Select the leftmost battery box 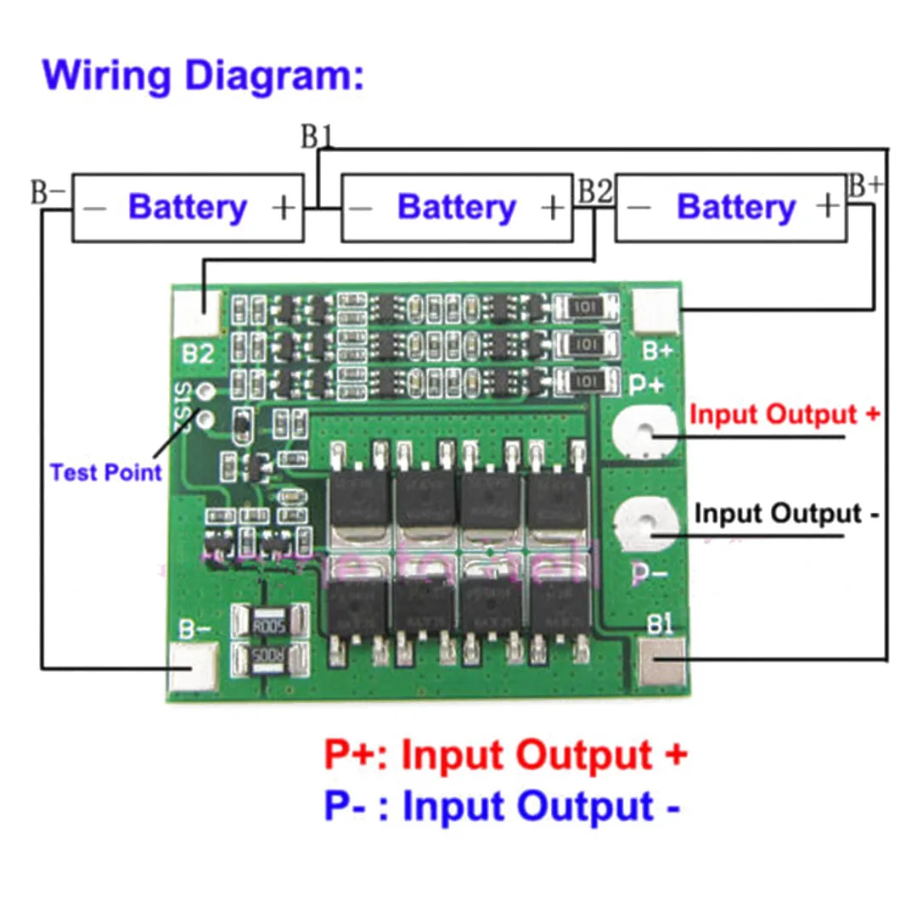(x=188, y=208)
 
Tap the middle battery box (x=457, y=208)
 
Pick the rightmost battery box (x=731, y=208)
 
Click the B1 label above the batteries (x=317, y=138)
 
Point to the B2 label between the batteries (x=594, y=192)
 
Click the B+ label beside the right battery (x=865, y=187)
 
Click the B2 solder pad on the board (x=197, y=312)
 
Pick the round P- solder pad (x=643, y=527)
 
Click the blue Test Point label (x=105, y=472)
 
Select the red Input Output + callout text (x=785, y=415)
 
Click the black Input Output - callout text (x=786, y=514)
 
